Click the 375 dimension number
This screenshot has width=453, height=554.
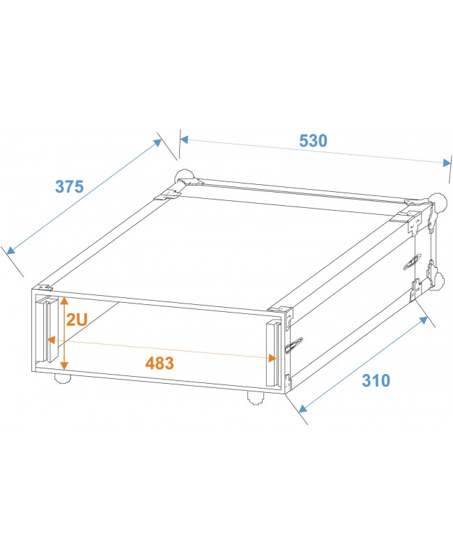pyautogui.click(x=69, y=187)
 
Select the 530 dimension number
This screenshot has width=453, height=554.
pyautogui.click(x=313, y=140)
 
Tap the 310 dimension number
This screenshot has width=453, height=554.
pyautogui.click(x=376, y=380)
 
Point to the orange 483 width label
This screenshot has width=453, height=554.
pyautogui.click(x=160, y=363)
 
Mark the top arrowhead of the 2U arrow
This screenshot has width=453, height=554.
pyautogui.click(x=64, y=301)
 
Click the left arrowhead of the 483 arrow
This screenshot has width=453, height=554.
pyautogui.click(x=51, y=341)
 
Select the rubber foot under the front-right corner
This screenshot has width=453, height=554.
pyautogui.click(x=255, y=398)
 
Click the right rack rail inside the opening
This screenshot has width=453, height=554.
pyautogui.click(x=272, y=349)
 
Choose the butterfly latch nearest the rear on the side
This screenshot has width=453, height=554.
pyautogui.click(x=411, y=261)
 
